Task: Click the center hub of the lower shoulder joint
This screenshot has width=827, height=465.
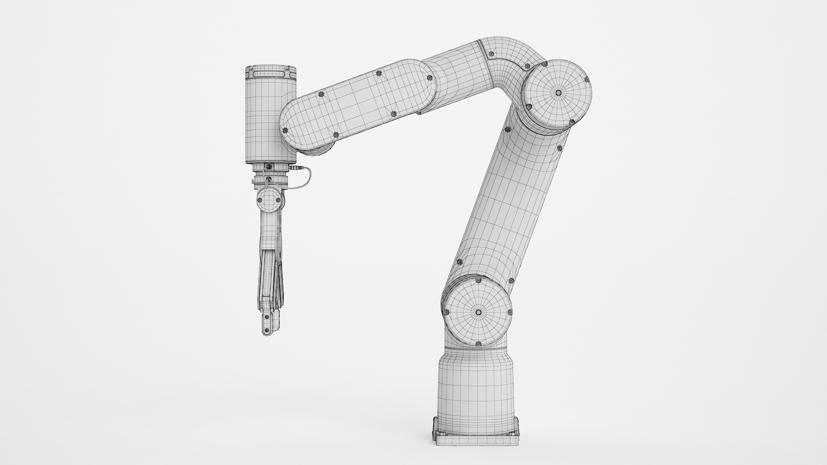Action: point(478,312)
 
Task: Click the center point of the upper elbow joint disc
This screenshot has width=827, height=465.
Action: point(558,93)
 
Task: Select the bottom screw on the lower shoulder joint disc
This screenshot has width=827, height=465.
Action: point(478,344)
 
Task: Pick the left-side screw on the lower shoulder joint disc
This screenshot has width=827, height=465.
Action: point(446,312)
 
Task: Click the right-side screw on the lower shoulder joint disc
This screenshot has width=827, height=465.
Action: point(510,312)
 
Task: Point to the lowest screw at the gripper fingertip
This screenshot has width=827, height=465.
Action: point(267,331)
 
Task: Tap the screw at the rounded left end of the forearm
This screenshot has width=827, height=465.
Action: point(284,130)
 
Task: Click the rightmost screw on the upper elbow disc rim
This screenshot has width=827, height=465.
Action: point(587,79)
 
